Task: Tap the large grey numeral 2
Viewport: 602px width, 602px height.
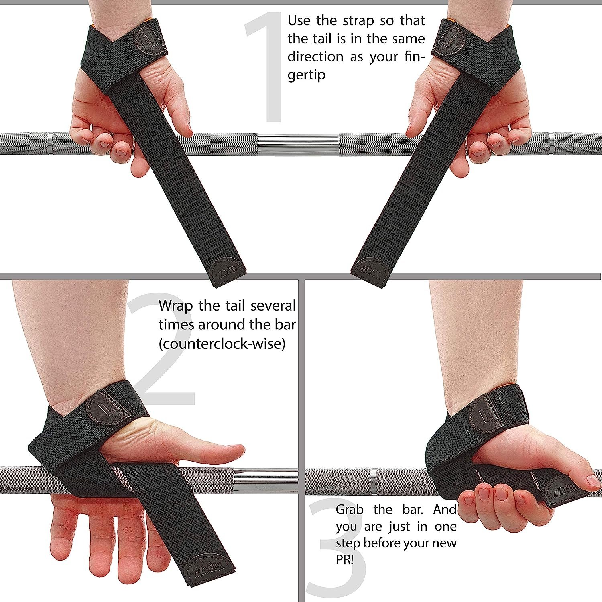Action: (161, 349)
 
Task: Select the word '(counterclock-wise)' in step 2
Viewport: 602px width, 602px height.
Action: (222, 344)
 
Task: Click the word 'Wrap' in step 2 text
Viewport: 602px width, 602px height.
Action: (175, 306)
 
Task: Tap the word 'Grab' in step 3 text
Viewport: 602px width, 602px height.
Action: (349, 510)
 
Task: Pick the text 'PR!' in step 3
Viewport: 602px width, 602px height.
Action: (344, 560)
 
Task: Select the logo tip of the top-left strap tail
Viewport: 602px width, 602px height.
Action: (226, 271)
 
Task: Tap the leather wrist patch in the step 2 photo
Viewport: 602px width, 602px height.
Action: (105, 407)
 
